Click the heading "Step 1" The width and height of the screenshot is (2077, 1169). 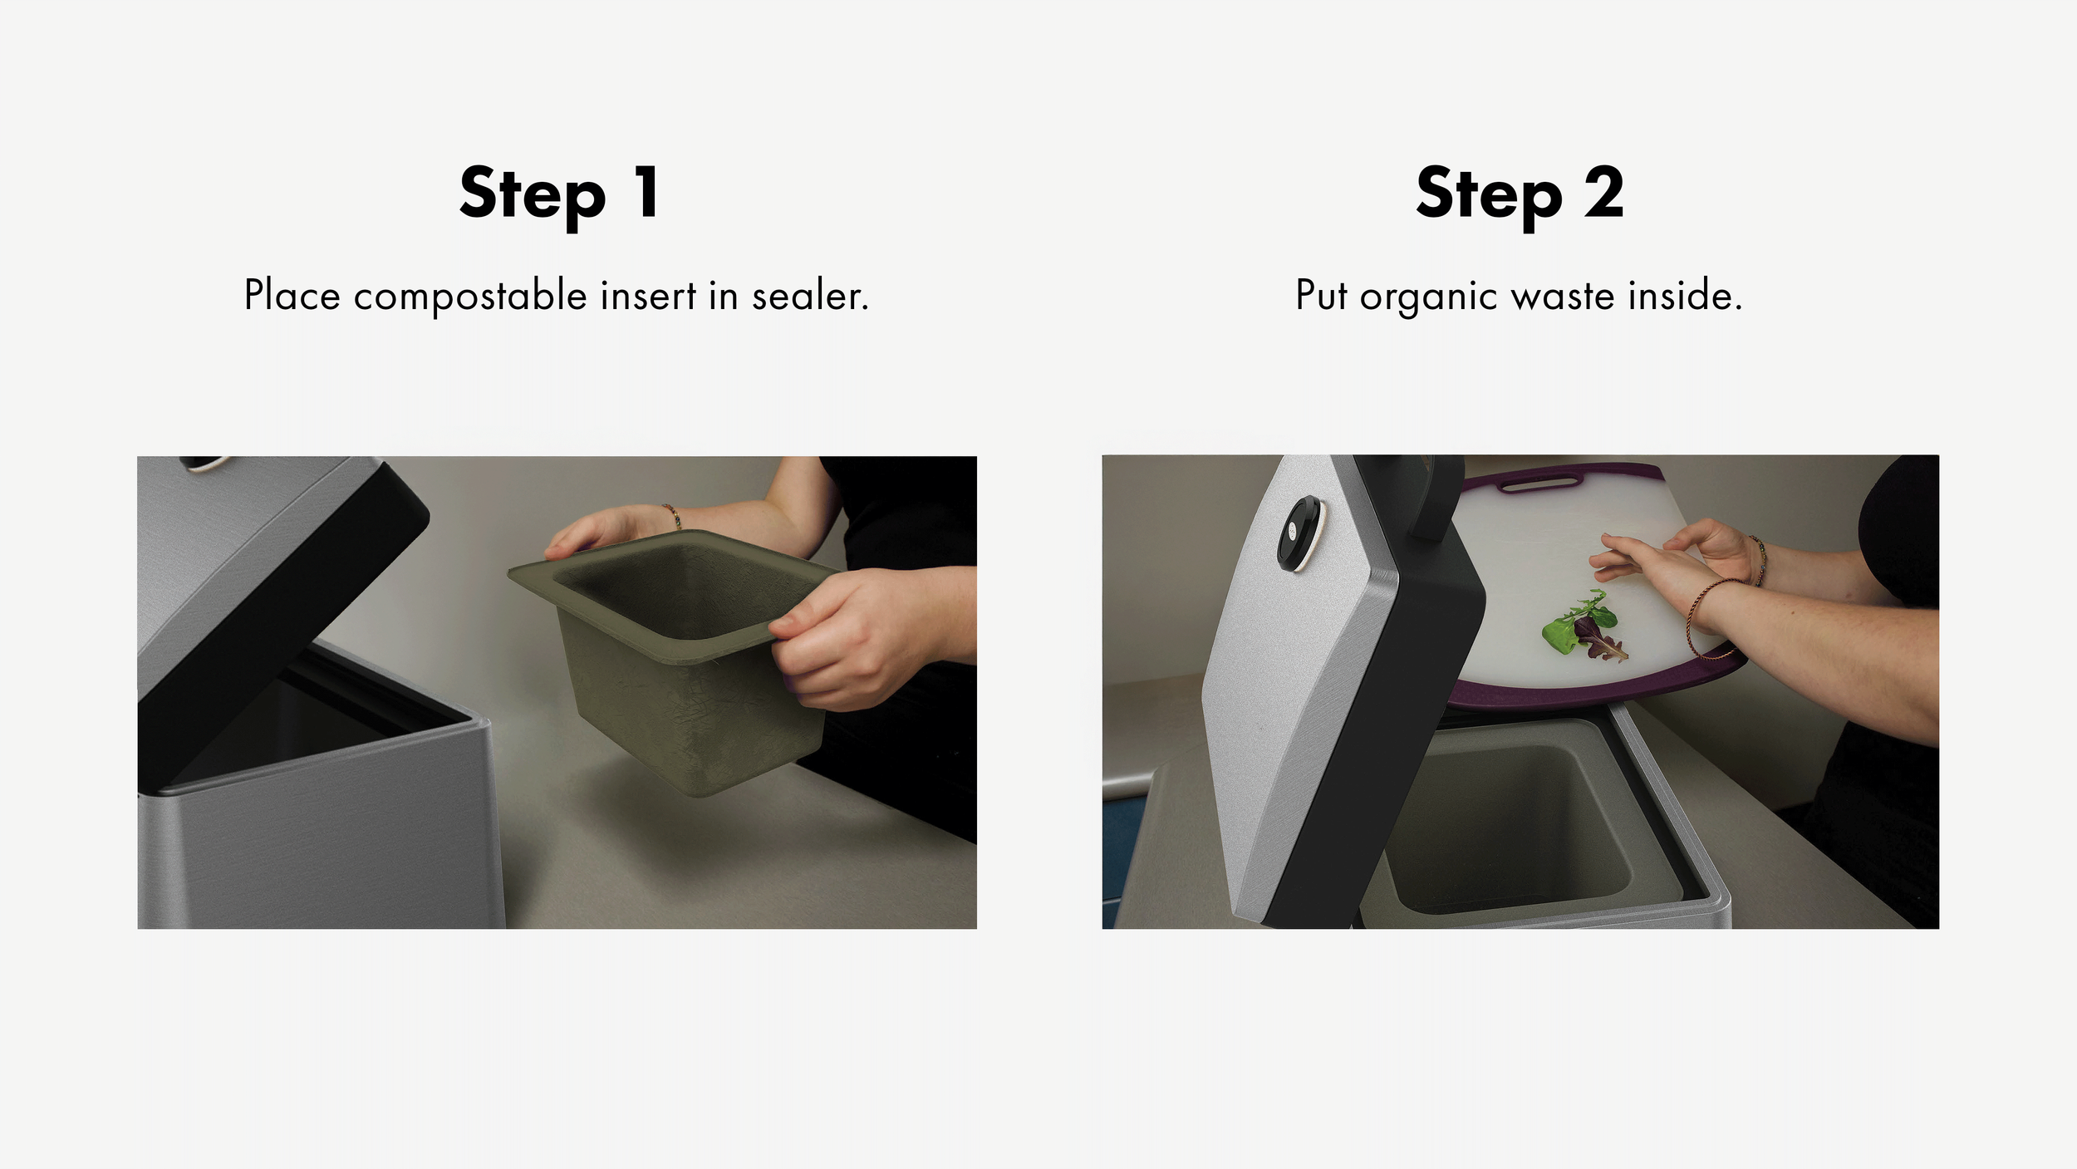[x=560, y=194]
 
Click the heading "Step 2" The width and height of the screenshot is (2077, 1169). [x=1520, y=194]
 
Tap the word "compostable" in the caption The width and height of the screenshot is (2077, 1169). [x=470, y=297]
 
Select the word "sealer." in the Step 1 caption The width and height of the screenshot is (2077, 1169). [x=810, y=297]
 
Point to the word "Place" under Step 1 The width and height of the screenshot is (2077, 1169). [x=292, y=296]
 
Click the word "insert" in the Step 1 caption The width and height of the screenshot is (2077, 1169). [x=648, y=296]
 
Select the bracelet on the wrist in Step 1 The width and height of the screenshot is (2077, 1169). [x=673, y=515]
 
